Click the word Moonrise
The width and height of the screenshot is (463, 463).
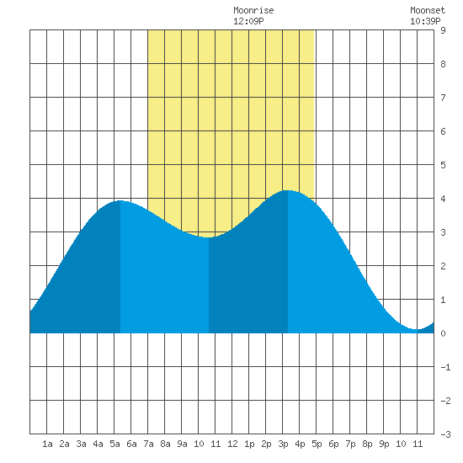point(253,10)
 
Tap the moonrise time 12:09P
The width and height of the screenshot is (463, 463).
point(248,21)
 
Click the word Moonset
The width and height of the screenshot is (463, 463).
point(428,10)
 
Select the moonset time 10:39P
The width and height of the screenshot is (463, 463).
point(425,21)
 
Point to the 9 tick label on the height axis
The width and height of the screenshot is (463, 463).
point(443,30)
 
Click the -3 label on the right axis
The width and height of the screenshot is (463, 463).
point(445,434)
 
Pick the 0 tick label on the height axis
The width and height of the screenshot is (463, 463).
point(443,333)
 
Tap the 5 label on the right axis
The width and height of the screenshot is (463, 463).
point(443,165)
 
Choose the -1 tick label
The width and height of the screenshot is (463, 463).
point(445,367)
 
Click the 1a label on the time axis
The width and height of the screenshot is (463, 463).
point(47,444)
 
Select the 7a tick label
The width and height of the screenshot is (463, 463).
point(148,444)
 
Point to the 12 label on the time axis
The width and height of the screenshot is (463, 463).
point(232,444)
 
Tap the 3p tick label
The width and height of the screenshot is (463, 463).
point(283,444)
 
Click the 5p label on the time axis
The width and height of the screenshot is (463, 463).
point(317,444)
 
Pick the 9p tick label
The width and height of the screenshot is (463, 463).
point(384,444)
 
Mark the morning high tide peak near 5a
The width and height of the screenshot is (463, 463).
point(120,201)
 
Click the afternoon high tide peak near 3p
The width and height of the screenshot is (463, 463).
point(288,190)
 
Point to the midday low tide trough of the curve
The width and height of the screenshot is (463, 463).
point(209,237)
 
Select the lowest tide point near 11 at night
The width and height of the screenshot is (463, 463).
point(418,329)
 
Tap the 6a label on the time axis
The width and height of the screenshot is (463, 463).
point(131,444)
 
